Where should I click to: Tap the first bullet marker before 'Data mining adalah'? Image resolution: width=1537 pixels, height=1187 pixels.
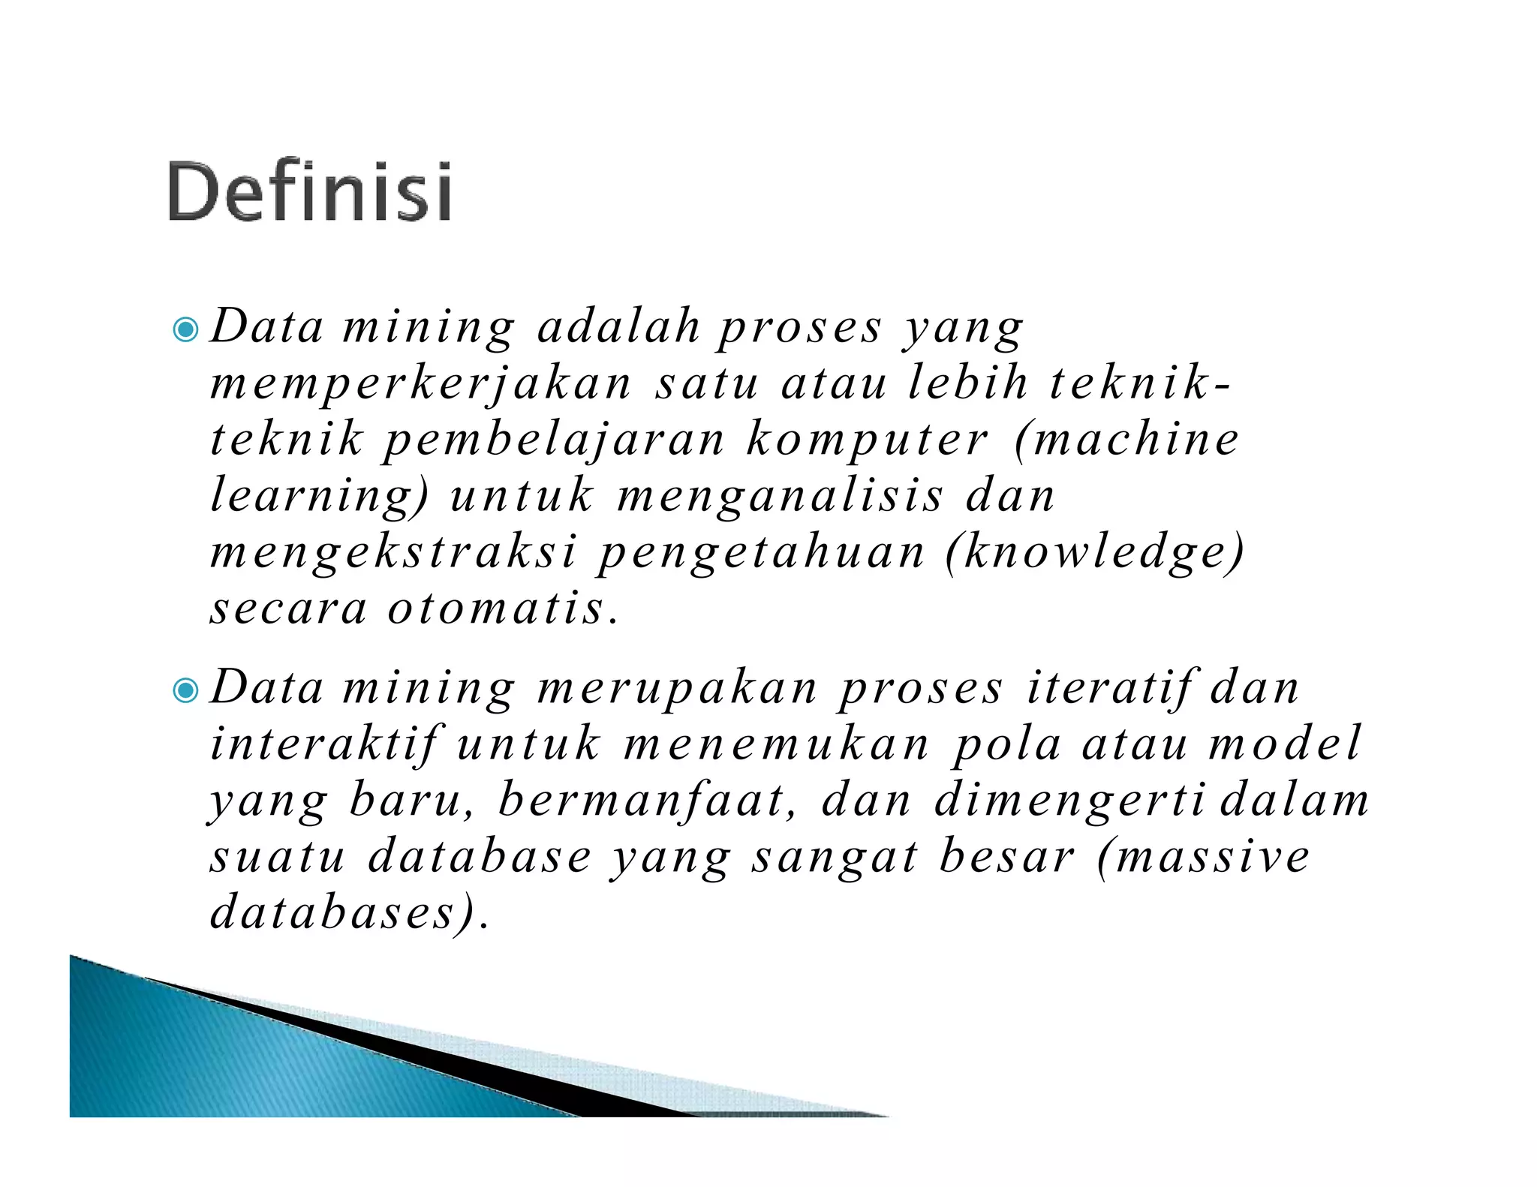coord(185,329)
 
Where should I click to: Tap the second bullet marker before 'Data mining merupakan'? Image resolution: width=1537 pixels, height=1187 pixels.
coord(185,690)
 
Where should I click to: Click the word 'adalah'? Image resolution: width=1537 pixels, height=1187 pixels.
coord(619,327)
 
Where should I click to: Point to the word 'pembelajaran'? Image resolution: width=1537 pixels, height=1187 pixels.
coord(554,440)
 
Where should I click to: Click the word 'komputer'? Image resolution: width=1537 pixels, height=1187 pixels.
coord(868,440)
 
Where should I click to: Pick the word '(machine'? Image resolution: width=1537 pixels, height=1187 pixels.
coord(1126,440)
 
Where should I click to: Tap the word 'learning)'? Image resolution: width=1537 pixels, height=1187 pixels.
coord(320,497)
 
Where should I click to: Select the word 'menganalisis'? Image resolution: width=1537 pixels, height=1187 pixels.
coord(780,497)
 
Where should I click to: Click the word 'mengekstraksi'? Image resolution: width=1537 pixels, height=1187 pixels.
coord(394,553)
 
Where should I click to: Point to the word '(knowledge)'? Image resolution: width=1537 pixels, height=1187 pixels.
coord(1095,553)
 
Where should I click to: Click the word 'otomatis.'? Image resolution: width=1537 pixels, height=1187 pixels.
coord(504,609)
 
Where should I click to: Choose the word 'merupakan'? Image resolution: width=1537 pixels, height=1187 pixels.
coord(678,688)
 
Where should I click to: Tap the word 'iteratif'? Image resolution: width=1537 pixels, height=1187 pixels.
coord(1110,688)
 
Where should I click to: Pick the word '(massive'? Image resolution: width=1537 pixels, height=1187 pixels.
coord(1204,856)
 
